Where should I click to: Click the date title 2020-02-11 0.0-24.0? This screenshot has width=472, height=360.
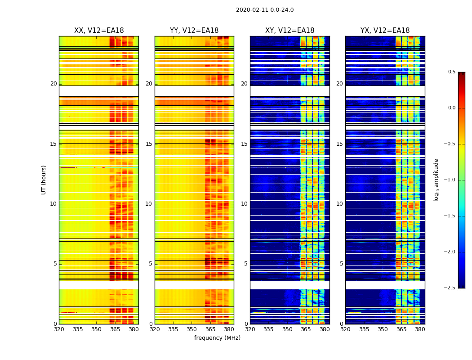[x=265, y=10]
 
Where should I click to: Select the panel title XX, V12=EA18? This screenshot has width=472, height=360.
[x=99, y=31]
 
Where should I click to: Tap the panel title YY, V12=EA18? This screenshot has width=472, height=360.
[x=194, y=31]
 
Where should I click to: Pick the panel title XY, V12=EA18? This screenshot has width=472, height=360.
[x=289, y=31]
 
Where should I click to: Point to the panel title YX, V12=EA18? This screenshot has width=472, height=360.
[x=385, y=31]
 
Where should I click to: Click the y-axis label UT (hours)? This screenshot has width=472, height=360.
[x=44, y=180]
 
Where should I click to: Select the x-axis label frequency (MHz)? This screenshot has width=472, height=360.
[x=217, y=338]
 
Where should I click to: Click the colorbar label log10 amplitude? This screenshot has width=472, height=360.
[x=436, y=180]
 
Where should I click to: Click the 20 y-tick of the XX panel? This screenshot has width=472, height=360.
[x=53, y=84]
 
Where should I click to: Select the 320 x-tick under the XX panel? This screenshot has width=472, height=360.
[x=59, y=329]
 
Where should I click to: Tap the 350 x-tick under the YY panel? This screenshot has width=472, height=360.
[x=192, y=329]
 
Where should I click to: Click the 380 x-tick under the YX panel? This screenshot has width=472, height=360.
[x=420, y=329]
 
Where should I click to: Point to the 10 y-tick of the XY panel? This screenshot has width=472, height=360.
[x=244, y=204]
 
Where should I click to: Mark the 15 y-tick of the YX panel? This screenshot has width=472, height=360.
[x=339, y=144]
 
